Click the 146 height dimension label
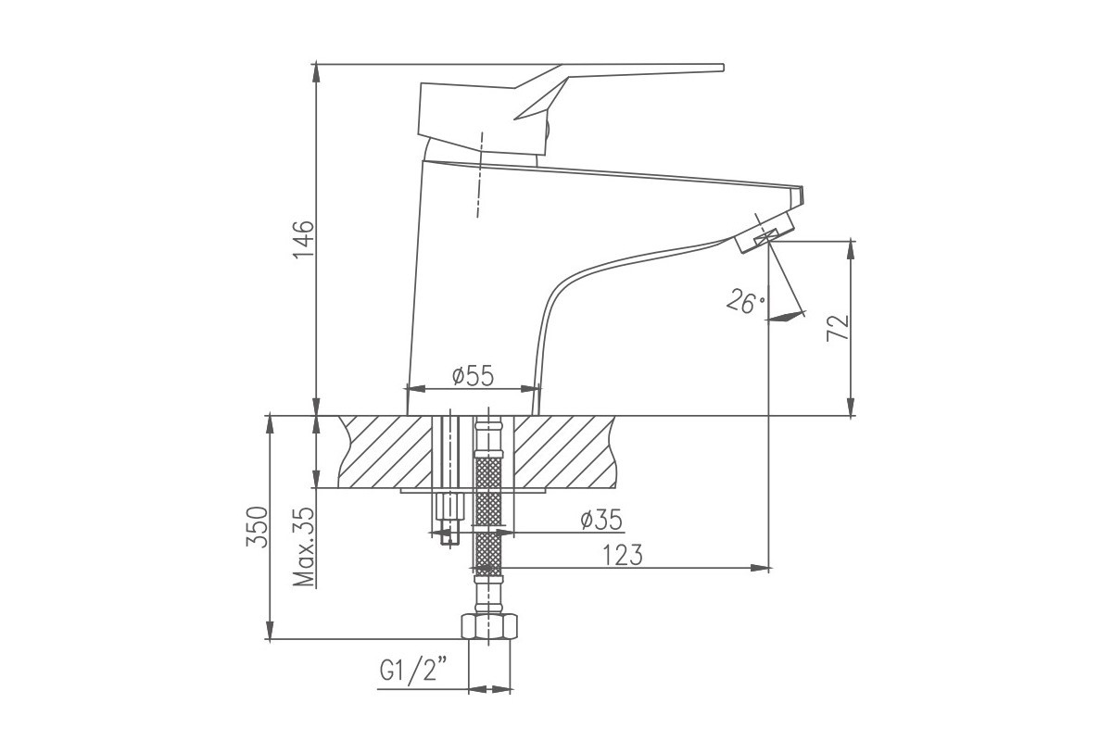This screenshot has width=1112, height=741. point(303,239)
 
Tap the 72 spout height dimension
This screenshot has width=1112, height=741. point(838,328)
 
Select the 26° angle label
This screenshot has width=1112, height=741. point(746,301)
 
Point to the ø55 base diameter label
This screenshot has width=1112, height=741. point(474,376)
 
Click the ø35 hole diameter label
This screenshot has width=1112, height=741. point(601,520)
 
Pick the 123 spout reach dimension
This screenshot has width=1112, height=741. point(623,555)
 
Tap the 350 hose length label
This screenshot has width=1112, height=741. point(258,527)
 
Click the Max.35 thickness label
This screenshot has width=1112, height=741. point(304,546)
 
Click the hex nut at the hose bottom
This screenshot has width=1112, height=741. point(489,626)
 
